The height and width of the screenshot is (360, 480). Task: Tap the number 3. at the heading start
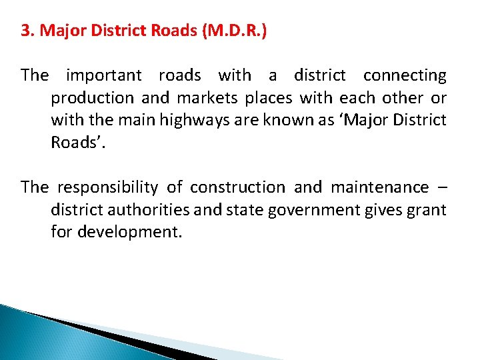27,32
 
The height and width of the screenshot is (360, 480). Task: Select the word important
103,76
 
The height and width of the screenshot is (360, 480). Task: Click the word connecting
405,76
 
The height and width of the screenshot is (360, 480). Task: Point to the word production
93,99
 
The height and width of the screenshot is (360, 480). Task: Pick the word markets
207,99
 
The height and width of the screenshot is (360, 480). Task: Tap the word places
269,99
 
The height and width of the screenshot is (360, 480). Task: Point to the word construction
237,188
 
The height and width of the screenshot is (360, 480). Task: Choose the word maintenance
380,188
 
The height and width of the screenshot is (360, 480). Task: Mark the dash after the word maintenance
442,188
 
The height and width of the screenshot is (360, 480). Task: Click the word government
313,211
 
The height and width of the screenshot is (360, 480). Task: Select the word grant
429,211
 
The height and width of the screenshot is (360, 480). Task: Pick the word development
129,233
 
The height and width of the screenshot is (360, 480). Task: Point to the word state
244,211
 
